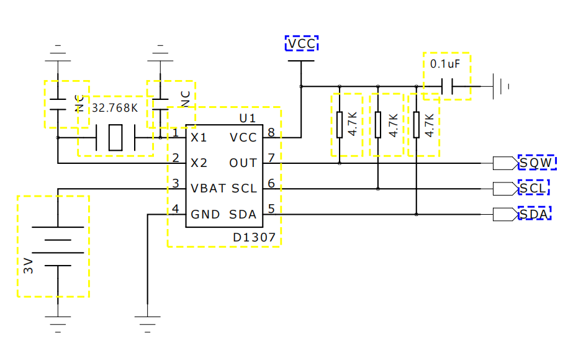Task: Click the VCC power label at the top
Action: (x=302, y=43)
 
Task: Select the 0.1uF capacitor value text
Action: (x=444, y=64)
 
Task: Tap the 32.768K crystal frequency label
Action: (x=115, y=108)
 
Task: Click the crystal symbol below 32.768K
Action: (x=115, y=138)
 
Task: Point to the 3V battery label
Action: (x=29, y=266)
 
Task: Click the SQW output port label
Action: (x=536, y=163)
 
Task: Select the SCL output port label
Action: (x=533, y=188)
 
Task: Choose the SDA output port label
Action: (x=534, y=214)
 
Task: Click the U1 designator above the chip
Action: (x=248, y=119)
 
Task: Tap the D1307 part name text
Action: (x=254, y=237)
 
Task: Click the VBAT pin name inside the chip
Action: (x=208, y=189)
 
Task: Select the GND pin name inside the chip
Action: (x=205, y=215)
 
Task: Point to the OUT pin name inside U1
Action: (x=243, y=163)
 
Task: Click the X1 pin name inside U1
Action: (x=199, y=138)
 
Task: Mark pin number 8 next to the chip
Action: (x=271, y=132)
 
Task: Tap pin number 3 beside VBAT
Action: (x=176, y=183)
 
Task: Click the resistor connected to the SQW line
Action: (x=340, y=125)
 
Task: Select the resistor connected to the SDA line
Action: (x=417, y=125)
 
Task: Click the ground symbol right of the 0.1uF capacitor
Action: (x=500, y=86)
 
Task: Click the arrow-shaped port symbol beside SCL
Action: (x=506, y=189)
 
